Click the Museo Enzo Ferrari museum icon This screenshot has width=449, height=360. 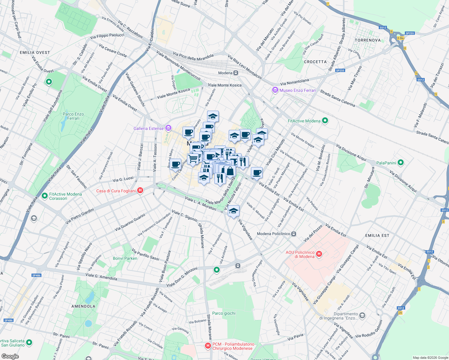(275, 90)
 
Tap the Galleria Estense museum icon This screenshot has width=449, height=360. (168, 128)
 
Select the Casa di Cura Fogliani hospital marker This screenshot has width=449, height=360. (140, 190)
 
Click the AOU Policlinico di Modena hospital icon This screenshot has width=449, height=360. (319, 254)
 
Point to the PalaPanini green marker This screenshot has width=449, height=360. (401, 163)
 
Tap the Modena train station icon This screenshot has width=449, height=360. (236, 73)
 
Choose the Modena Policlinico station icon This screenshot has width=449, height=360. (294, 234)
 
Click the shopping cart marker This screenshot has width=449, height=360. (193, 158)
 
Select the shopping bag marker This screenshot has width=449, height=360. (230, 171)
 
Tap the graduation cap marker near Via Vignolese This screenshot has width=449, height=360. (234, 211)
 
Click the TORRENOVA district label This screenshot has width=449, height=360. (368, 40)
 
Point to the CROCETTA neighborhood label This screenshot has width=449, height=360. (315, 62)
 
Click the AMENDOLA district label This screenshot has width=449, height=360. (83, 306)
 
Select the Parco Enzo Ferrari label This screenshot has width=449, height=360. (73, 116)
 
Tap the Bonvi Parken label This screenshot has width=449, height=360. (125, 258)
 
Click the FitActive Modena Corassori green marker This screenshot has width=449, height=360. (45, 196)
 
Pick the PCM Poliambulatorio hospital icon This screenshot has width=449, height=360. (208, 346)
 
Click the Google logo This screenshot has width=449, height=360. (10, 356)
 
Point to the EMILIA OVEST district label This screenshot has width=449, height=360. (35, 52)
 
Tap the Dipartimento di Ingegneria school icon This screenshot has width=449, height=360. (362, 315)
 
